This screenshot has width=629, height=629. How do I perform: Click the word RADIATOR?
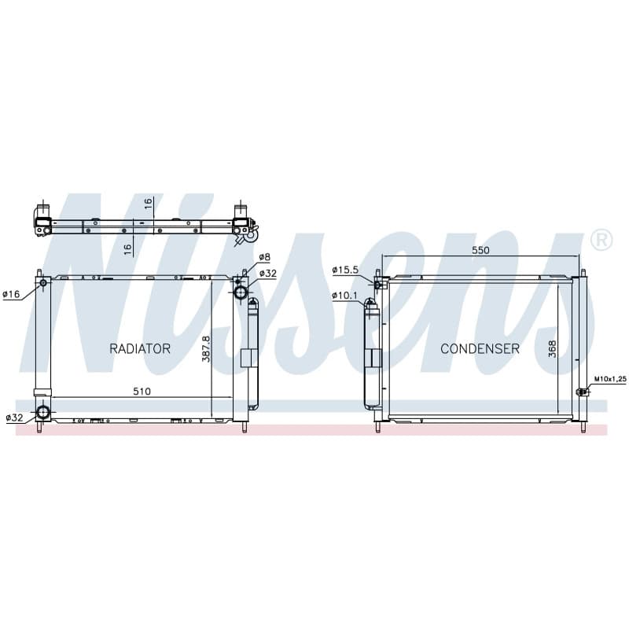pos(140,348)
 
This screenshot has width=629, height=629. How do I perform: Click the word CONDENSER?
pos(480,348)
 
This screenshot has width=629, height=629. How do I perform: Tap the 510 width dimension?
pos(142,391)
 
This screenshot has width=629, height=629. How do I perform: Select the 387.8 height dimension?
pos(206,349)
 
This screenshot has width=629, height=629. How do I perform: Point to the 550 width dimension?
pos(480,250)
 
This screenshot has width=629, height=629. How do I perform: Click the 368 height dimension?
pos(553,349)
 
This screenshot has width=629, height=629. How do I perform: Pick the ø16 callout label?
pos(11,294)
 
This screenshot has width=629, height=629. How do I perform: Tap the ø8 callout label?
pos(265,257)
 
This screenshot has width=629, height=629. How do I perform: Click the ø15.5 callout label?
pos(345,270)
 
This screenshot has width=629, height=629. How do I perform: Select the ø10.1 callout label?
pos(344,296)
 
